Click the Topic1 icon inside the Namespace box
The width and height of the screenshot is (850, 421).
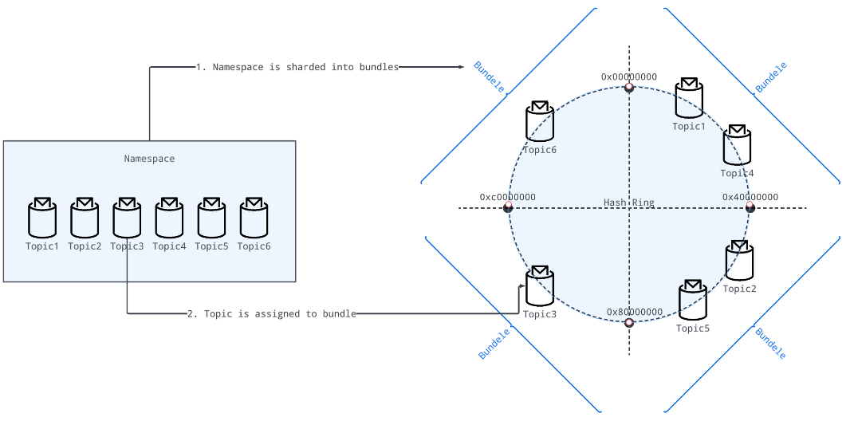pyautogui.click(x=42, y=218)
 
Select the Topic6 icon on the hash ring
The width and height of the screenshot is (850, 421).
pyautogui.click(x=540, y=122)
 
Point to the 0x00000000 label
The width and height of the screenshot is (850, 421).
pyautogui.click(x=629, y=77)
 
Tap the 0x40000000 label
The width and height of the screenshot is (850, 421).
pyautogui.click(x=750, y=197)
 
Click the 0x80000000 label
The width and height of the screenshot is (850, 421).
pyautogui.click(x=635, y=312)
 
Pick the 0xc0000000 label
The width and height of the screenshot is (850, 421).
pyautogui.click(x=508, y=197)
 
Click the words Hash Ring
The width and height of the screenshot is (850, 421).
pyautogui.click(x=629, y=203)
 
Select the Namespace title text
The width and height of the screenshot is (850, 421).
pyautogui.click(x=149, y=159)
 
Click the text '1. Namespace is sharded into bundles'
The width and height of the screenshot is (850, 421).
pyautogui.click(x=297, y=67)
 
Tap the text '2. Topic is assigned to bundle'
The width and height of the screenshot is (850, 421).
pyautogui.click(x=272, y=313)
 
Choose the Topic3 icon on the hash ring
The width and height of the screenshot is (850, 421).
pyautogui.click(x=540, y=286)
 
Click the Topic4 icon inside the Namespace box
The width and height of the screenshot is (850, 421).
pyautogui.click(x=169, y=218)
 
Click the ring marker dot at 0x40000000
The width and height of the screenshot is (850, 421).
pyautogui.click(x=750, y=208)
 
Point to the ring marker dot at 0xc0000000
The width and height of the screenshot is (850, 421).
pyautogui.click(x=508, y=208)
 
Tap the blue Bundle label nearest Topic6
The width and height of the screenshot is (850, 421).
pyautogui.click(x=489, y=77)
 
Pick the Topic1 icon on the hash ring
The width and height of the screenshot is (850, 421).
pyautogui.click(x=689, y=99)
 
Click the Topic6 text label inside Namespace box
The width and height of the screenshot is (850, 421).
pyautogui.click(x=254, y=246)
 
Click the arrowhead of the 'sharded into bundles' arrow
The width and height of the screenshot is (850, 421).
pyautogui.click(x=461, y=67)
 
